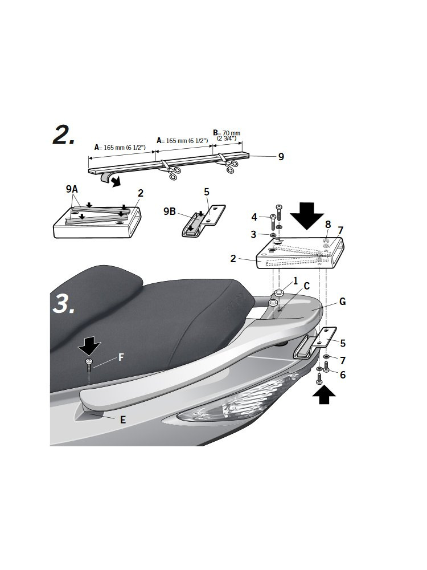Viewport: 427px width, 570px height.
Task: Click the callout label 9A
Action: tap(72, 189)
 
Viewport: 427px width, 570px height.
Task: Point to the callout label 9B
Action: tap(170, 211)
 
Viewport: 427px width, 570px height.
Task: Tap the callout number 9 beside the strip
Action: tap(281, 157)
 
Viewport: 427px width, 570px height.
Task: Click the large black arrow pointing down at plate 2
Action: tap(307, 215)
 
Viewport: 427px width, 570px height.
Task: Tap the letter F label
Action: tap(121, 358)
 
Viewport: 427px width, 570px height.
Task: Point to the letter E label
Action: tap(123, 420)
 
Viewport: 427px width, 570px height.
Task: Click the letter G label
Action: tap(342, 302)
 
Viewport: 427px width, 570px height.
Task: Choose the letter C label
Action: tap(306, 286)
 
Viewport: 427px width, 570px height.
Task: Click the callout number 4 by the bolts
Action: tap(254, 217)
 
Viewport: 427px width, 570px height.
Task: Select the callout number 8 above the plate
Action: tap(328, 224)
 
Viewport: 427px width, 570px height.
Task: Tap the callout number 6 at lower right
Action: tap(342, 374)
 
